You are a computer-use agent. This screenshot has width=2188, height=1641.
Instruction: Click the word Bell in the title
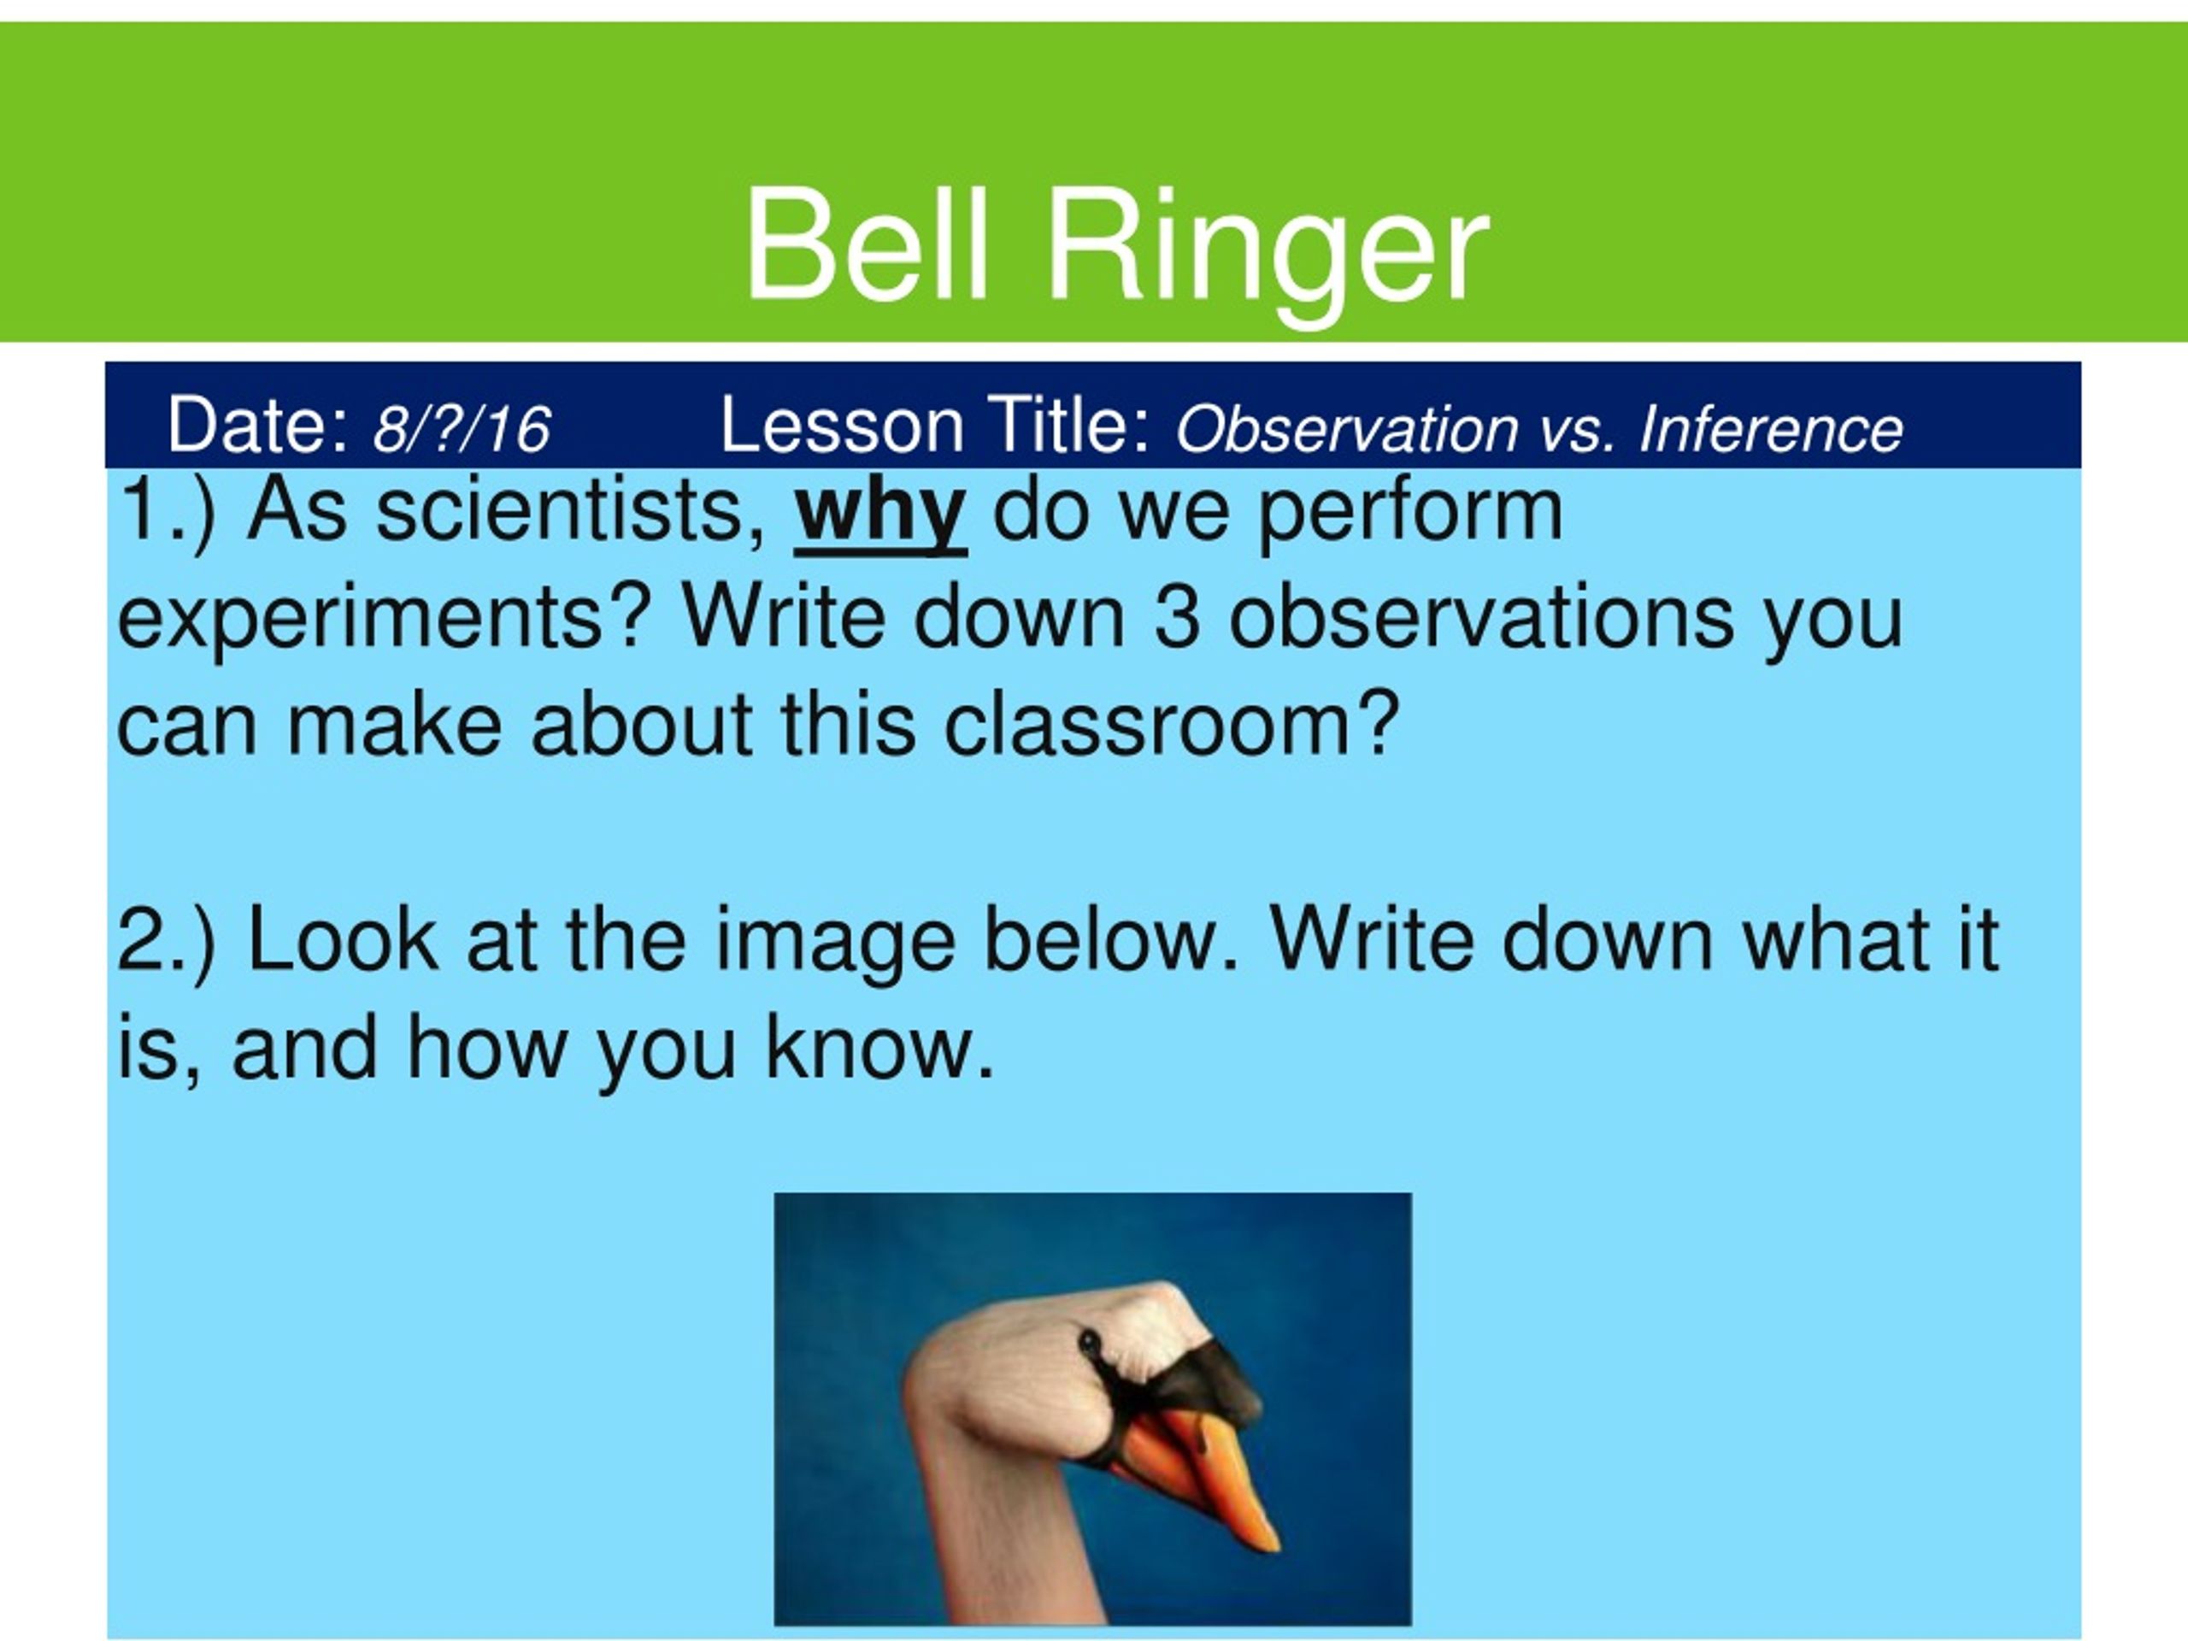coord(867,245)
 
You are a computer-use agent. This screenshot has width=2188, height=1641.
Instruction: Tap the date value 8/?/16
coord(461,429)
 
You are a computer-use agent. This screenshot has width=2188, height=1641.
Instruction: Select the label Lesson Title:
coord(936,426)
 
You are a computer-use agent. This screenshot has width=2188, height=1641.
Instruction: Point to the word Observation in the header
coord(1346,429)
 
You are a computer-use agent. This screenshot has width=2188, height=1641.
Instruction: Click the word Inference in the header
coord(1771,429)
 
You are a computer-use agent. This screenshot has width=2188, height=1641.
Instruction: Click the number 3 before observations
coord(1176,617)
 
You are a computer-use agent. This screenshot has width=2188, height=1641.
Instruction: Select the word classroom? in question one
coord(1171,725)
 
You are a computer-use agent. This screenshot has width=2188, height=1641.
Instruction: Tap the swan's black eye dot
coord(1088,1342)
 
